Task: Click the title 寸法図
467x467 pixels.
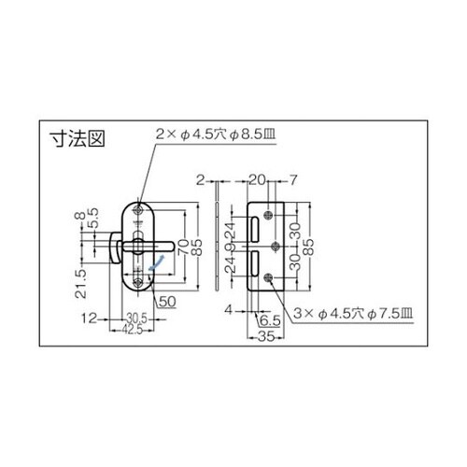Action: (76, 142)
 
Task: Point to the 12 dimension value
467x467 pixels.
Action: (88, 318)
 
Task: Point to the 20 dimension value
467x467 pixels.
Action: (258, 178)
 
